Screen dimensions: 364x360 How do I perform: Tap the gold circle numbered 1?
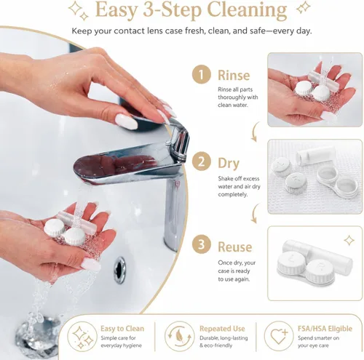coord(201,74)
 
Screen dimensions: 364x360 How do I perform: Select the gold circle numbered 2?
coord(201,161)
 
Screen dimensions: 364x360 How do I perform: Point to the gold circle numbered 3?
coord(201,244)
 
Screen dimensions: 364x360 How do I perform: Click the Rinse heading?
coord(234,75)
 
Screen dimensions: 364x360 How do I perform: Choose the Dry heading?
coord(229,164)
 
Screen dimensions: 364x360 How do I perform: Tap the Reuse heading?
coord(235,247)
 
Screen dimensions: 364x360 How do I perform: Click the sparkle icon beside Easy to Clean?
coord(83,336)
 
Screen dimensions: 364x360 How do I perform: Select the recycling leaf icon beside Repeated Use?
coord(179,336)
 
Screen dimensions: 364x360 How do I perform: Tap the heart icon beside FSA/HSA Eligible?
coord(279,336)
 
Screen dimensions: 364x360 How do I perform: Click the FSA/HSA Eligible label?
coord(325,329)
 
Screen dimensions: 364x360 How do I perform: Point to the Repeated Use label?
coord(222,329)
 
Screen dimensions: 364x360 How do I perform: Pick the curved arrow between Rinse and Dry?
coord(254,132)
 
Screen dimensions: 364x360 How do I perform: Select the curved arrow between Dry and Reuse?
coord(254,213)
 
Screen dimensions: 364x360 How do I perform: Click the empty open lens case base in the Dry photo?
coord(338,181)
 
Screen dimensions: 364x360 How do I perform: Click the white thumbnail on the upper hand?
coord(126,121)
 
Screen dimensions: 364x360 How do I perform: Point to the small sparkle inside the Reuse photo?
coord(349,241)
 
